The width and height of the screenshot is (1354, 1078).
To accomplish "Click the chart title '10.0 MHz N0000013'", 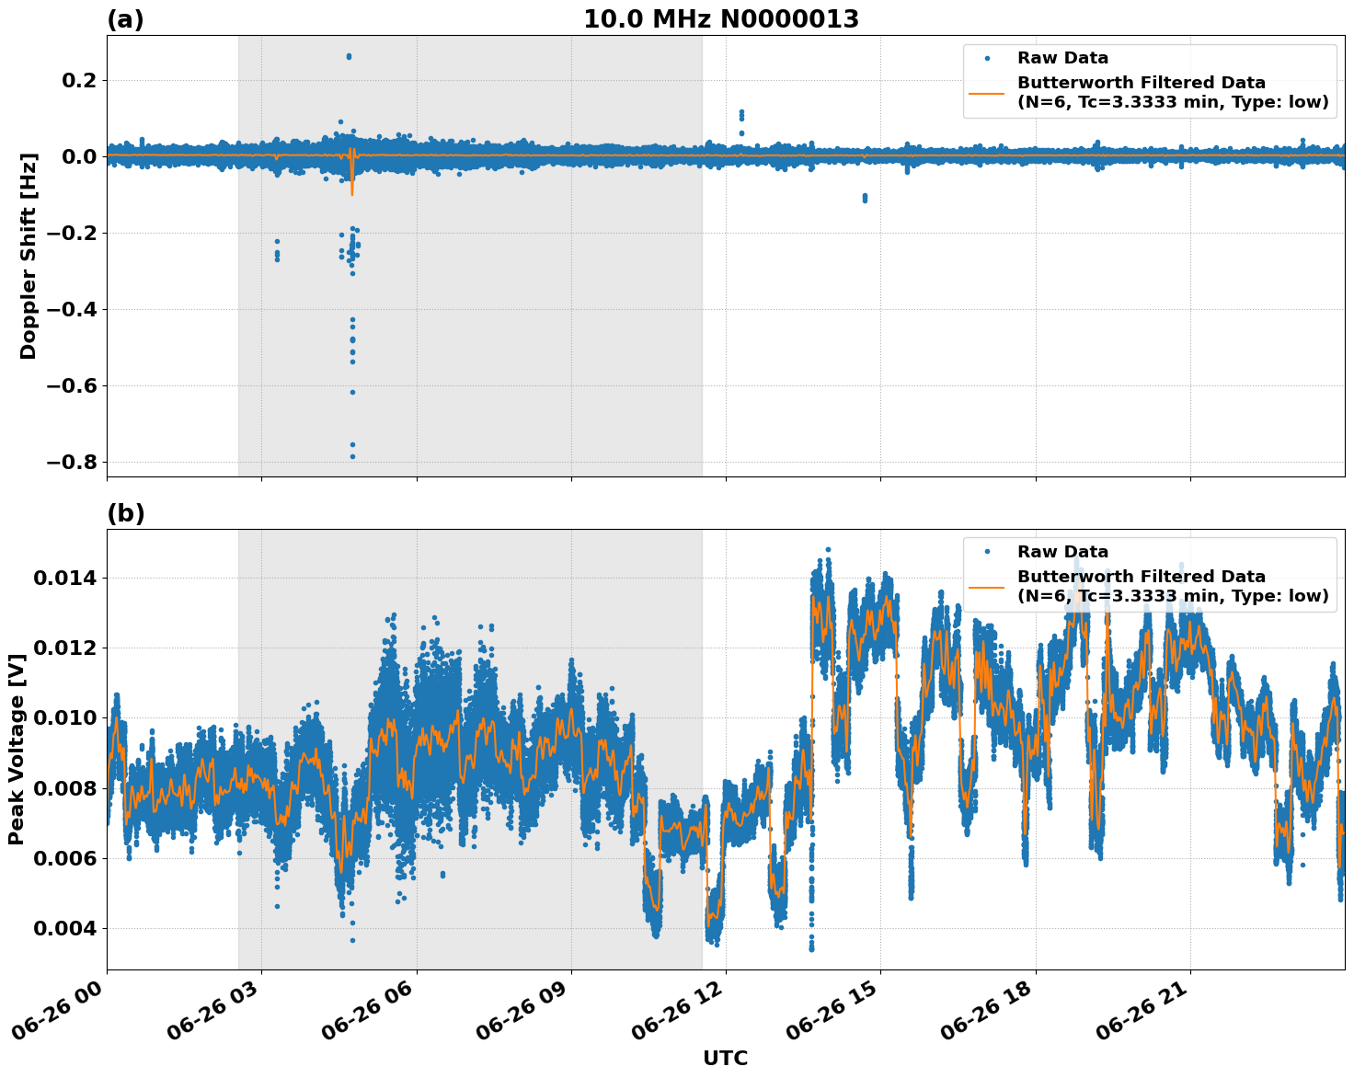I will pos(720,19).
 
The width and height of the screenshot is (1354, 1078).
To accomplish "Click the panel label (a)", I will pos(125,19).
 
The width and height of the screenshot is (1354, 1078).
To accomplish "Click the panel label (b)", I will pos(125,513).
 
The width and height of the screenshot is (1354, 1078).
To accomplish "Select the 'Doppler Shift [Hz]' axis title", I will pos(29,256).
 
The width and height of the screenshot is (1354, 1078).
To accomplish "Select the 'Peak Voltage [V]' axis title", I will pos(16,749).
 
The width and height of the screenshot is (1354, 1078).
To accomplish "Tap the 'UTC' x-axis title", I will pos(725,1058).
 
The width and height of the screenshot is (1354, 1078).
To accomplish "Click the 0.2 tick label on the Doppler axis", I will pos(78,81).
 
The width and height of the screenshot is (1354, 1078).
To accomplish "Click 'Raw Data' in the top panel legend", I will pos(1062,58).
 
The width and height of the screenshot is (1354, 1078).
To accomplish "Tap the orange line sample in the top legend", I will pos(987,92).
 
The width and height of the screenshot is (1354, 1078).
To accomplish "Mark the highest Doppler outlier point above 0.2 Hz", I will pos(349,56).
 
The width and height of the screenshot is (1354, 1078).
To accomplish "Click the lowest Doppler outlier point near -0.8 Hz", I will pos(352,456).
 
